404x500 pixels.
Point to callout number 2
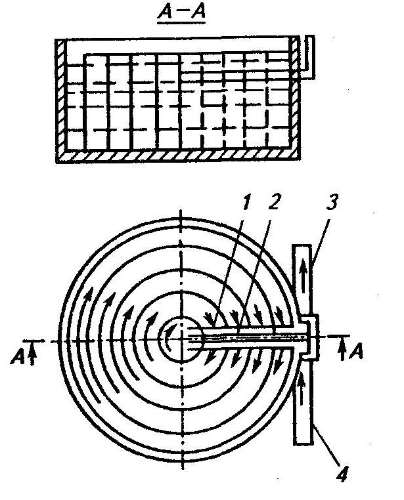275,202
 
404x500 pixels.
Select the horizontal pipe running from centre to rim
250,339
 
